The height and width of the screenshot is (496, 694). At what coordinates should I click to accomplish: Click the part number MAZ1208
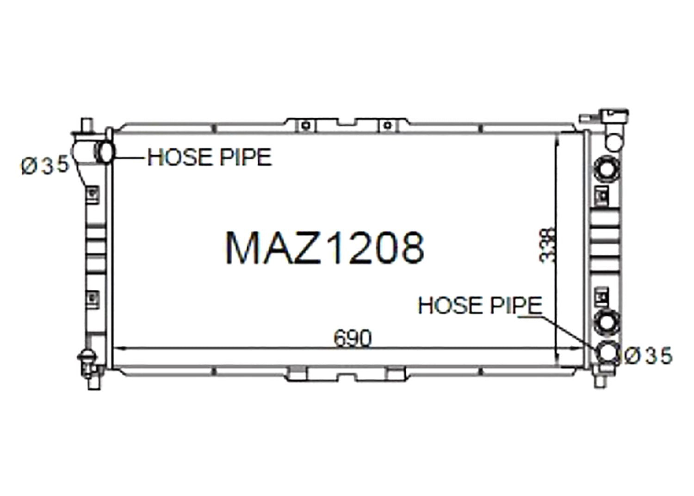point(325,248)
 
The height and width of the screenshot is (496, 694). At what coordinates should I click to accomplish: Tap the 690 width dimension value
point(352,338)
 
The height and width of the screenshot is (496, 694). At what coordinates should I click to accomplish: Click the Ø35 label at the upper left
point(45,165)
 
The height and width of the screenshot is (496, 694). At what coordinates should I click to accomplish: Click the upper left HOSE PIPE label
point(210,157)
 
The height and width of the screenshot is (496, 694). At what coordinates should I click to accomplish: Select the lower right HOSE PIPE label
point(480,305)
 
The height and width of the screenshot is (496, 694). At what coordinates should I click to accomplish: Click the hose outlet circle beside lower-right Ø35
point(607,353)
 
